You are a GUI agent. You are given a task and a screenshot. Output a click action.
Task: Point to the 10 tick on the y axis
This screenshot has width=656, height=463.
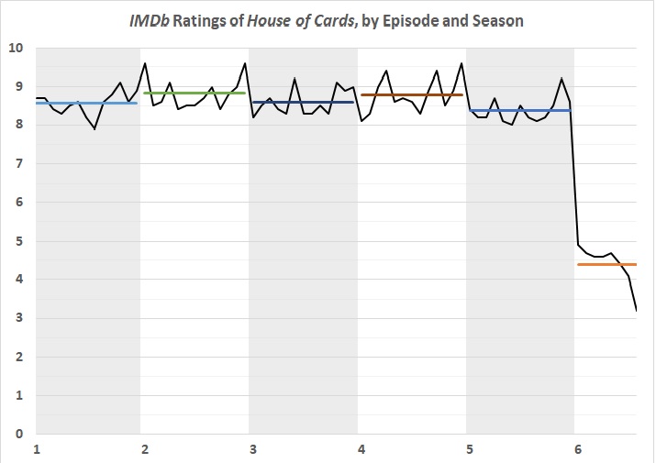[15, 48]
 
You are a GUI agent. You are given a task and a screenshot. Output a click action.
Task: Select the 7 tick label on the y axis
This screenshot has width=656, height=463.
[18, 163]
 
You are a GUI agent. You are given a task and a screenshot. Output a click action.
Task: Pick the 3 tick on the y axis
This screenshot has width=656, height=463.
[18, 318]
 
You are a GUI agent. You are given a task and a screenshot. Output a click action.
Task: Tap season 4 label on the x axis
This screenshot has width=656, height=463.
[361, 449]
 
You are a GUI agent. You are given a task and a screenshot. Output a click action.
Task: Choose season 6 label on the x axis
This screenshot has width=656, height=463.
[577, 449]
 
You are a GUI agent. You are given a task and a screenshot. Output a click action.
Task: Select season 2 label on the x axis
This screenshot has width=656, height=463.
[145, 449]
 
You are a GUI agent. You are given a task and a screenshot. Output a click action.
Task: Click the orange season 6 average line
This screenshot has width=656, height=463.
[606, 264]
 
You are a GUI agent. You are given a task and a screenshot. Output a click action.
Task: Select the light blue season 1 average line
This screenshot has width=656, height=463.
[86, 103]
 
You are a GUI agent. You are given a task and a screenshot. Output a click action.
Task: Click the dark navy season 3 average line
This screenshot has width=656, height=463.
[302, 102]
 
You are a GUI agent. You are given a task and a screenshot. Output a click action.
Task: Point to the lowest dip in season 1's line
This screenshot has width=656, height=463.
[95, 129]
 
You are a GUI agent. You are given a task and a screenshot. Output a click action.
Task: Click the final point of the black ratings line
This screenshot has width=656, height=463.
[636, 311]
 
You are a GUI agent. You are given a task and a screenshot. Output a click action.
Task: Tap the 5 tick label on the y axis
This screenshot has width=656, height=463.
[18, 241]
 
